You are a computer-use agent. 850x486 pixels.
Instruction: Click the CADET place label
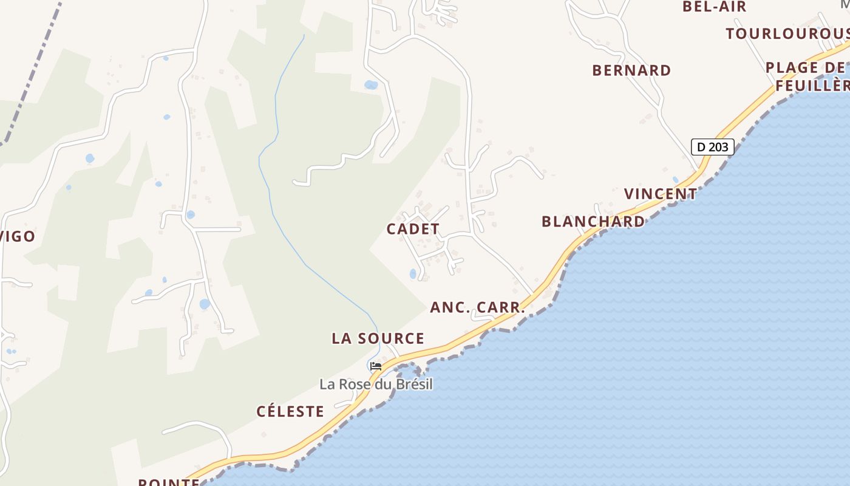point(413,229)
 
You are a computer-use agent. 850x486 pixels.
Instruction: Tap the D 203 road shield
point(712,146)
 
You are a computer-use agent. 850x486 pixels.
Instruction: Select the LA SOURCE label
point(378,338)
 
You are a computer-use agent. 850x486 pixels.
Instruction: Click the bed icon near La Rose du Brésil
point(376,366)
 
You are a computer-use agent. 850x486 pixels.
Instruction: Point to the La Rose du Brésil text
point(376,385)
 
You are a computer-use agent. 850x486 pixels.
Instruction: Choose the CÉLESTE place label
point(290,411)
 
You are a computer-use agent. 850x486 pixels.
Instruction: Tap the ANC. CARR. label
point(477,307)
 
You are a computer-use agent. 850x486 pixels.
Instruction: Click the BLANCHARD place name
point(593,221)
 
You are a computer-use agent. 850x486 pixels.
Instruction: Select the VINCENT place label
point(661,194)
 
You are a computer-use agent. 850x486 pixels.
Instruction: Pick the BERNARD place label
point(631,70)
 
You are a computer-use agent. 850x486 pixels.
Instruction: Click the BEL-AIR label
point(714,7)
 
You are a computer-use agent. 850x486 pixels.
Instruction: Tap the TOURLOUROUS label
point(787,33)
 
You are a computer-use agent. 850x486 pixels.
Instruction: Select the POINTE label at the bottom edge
point(169,482)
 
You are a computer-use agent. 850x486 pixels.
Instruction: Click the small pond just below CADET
point(413,274)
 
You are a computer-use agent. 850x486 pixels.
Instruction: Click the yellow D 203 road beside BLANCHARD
point(607,217)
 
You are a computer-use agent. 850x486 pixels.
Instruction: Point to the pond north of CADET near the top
point(371,85)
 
